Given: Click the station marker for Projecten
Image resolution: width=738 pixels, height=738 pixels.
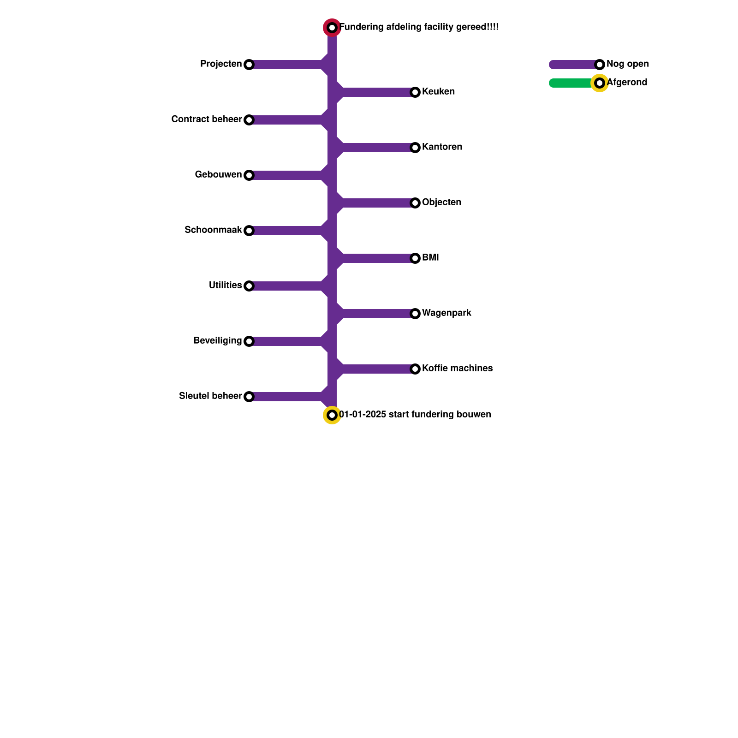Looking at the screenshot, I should pyautogui.click(x=249, y=65).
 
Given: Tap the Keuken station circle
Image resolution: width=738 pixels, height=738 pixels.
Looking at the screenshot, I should pyautogui.click(x=415, y=92).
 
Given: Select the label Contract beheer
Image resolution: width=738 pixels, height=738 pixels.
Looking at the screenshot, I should pyautogui.click(x=206, y=119).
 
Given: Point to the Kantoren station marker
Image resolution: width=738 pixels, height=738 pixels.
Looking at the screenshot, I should pyautogui.click(x=415, y=148).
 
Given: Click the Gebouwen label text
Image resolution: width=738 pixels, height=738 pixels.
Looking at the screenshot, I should pyautogui.click(x=218, y=175).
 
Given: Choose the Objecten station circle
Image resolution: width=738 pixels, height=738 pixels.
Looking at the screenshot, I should pyautogui.click(x=415, y=203).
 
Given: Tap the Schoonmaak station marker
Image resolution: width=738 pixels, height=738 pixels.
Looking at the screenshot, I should pyautogui.click(x=249, y=231).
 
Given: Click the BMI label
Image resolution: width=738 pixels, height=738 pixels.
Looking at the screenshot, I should pyautogui.click(x=430, y=258).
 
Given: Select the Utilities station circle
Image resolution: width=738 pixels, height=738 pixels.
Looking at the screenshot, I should pyautogui.click(x=249, y=286).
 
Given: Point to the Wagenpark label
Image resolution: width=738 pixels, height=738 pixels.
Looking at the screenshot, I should pyautogui.click(x=446, y=313).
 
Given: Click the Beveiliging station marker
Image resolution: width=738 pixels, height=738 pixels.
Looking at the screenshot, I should pyautogui.click(x=249, y=341).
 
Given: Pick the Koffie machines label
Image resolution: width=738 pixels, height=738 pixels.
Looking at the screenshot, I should pyautogui.click(x=457, y=369).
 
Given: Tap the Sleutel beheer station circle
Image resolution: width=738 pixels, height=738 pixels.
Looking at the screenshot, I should pyautogui.click(x=249, y=397).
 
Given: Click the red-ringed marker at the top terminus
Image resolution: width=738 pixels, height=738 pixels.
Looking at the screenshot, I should pyautogui.click(x=332, y=28).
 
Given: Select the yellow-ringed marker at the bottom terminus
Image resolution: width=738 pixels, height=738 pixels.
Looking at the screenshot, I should pyautogui.click(x=332, y=415).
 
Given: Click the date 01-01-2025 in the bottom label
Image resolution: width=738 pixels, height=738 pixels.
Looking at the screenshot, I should pyautogui.click(x=363, y=415).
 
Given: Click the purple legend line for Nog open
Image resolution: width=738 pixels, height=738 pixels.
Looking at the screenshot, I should pyautogui.click(x=572, y=65).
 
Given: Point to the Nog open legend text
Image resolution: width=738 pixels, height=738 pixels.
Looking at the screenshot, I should pyautogui.click(x=627, y=64).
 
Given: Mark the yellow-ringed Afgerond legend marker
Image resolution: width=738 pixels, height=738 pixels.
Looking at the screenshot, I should pyautogui.click(x=600, y=83).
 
